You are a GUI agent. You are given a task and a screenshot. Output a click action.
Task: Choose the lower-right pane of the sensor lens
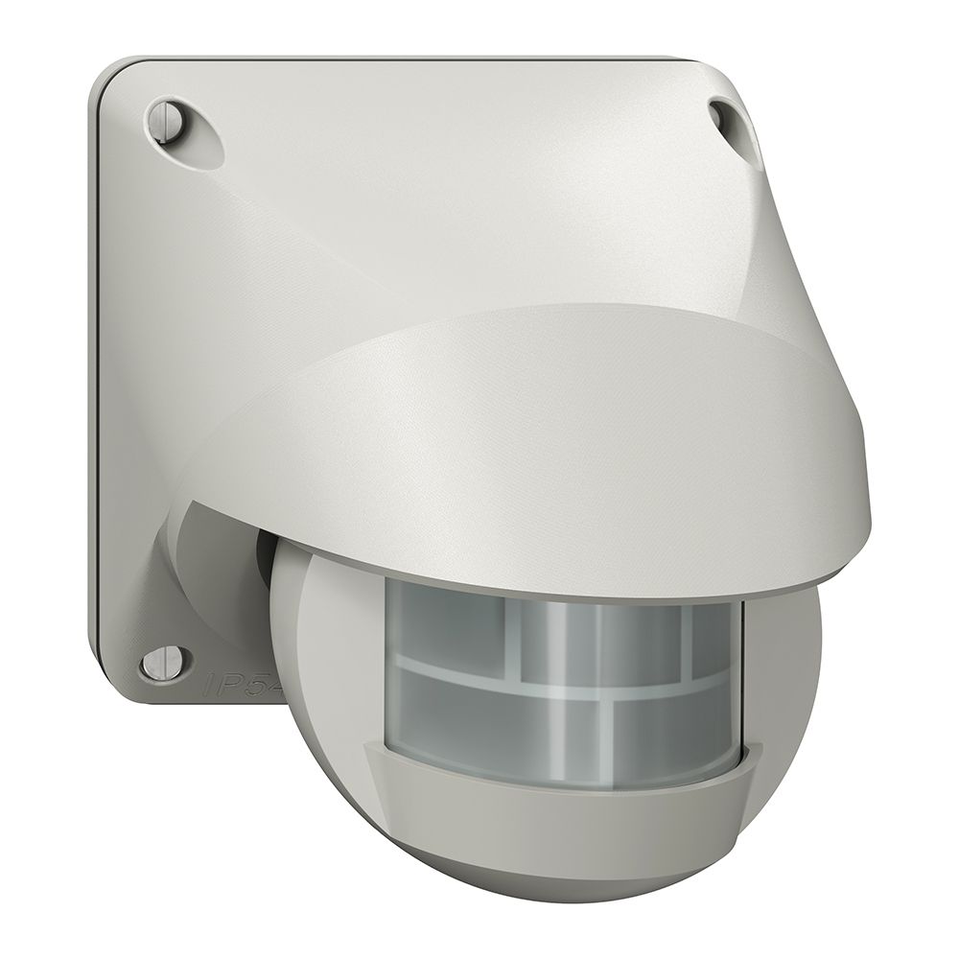(671, 719)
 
